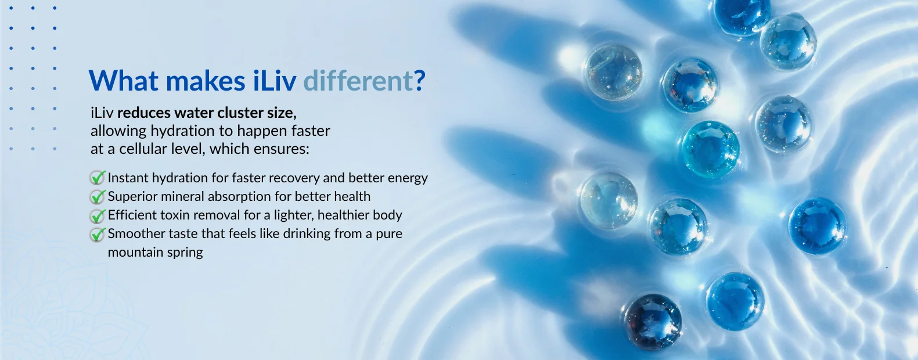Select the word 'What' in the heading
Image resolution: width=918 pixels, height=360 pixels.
[123, 80]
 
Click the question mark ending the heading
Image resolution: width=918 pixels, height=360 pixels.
[420, 80]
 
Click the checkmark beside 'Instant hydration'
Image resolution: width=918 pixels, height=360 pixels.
[98, 178]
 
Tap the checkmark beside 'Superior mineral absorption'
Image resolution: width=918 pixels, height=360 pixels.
[98, 196]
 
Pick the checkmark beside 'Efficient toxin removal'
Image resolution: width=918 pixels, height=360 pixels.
[98, 215]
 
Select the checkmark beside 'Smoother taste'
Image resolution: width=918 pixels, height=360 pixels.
[98, 234]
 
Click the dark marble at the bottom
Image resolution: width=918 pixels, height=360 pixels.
[653, 322]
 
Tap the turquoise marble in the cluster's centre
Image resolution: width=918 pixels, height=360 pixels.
[710, 149]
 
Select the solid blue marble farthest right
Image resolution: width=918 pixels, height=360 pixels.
[817, 226]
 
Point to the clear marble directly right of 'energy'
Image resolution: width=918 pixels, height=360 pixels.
[609, 200]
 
